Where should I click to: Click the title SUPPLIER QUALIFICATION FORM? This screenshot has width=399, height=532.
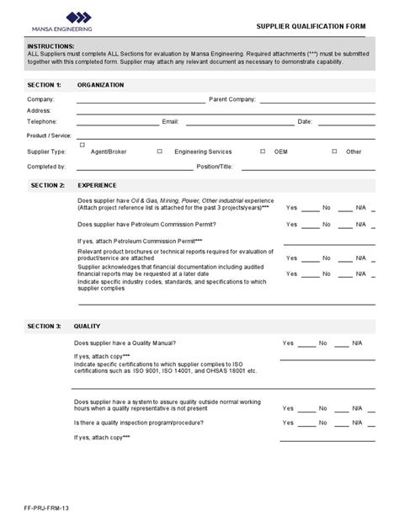click(x=311, y=26)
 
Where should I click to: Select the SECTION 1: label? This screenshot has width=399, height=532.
click(x=45, y=85)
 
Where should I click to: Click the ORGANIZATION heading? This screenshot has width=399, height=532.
click(x=100, y=85)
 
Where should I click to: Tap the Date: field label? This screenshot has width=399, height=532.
click(x=305, y=121)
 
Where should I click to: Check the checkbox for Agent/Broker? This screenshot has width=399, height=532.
click(x=82, y=146)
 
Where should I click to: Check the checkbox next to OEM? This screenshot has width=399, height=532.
click(x=263, y=152)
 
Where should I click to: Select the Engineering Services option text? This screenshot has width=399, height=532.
click(x=202, y=152)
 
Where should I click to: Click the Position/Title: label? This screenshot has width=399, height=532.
click(x=215, y=166)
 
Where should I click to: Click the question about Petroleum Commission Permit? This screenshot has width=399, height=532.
click(x=146, y=225)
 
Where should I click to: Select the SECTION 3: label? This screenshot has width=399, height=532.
click(x=45, y=326)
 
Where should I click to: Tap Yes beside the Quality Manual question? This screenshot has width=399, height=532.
click(x=288, y=343)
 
